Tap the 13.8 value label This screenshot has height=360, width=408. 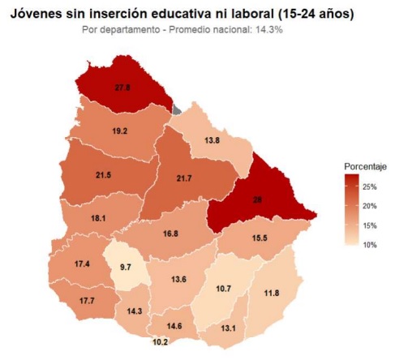[212, 140]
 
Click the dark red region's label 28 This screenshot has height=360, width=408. [257, 198]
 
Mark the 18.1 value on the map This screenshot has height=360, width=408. [98, 218]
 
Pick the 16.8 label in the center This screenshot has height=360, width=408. [170, 234]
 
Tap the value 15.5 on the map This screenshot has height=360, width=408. [260, 239]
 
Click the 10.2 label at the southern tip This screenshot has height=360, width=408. [161, 342]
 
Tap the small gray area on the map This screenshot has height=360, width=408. [176, 109]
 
